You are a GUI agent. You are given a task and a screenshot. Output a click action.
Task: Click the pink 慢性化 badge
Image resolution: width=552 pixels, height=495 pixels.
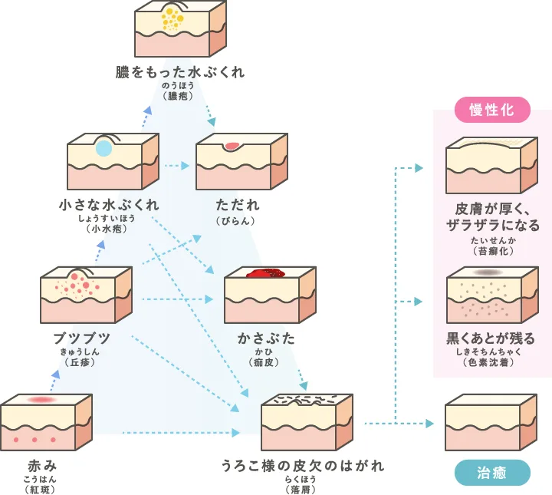point(492,110)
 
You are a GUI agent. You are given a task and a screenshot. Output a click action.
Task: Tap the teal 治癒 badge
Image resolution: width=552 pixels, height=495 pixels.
point(492,472)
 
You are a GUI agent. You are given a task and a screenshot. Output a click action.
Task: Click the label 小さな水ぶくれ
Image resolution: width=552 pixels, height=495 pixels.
point(110,205)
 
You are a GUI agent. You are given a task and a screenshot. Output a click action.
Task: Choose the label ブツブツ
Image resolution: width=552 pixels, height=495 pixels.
point(82,338)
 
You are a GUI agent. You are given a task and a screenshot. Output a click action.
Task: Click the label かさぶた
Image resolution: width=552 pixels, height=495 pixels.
point(266,338)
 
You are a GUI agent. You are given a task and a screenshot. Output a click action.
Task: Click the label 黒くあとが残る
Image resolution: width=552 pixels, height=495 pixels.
point(491,338)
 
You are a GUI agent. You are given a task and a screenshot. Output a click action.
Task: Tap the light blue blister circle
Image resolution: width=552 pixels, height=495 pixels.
point(103,149)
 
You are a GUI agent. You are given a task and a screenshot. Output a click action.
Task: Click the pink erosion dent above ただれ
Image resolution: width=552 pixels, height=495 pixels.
point(232,145)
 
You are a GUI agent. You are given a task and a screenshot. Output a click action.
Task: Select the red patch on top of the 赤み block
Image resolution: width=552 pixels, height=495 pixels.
point(42,400)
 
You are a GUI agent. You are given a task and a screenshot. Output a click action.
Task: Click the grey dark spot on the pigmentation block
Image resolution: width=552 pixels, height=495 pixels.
point(488,272)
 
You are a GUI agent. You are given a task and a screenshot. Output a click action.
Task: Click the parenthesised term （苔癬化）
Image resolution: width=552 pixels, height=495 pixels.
point(491,251)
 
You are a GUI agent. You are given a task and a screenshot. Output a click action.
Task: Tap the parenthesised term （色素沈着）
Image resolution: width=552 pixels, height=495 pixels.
point(491,362)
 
